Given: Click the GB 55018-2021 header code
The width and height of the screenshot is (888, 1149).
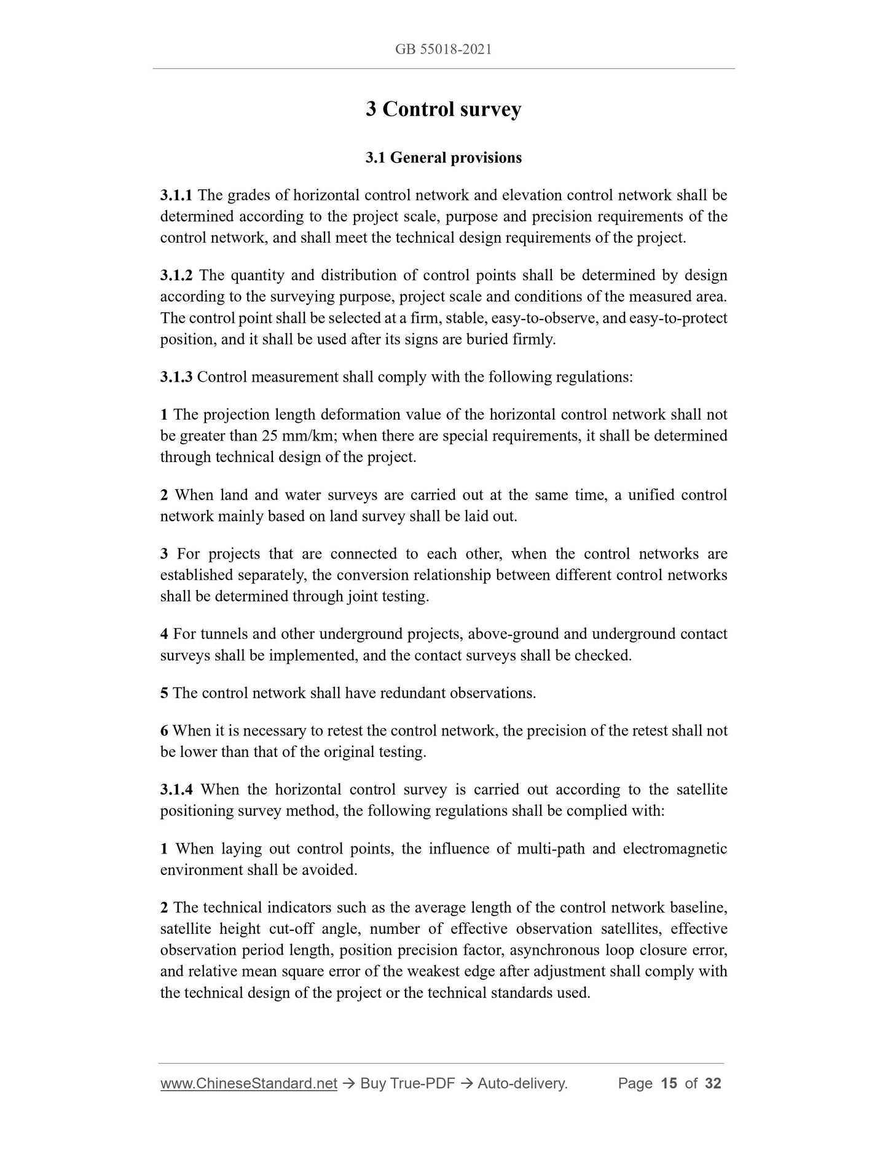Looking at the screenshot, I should pos(443,50).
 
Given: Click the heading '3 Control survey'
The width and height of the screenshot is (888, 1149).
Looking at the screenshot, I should pos(443,109).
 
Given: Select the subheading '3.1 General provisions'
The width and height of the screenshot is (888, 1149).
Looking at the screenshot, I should pos(443,158).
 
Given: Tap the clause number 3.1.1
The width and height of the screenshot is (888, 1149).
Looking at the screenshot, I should pos(176,195).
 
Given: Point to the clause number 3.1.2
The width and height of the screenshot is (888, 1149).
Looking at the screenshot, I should pos(176,275).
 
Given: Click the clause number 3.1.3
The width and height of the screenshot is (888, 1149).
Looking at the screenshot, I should pos(176,377).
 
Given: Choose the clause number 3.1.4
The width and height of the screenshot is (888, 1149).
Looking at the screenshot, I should pos(176,790).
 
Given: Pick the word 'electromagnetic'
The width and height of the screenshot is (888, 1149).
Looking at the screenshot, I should pos(675,849).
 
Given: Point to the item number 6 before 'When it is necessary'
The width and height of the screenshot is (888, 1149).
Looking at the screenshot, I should pos(164,731).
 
